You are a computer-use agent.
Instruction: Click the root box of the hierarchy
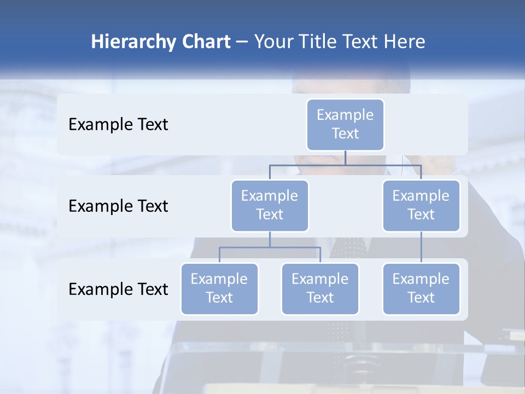(345, 125)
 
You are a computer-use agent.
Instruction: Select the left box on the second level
(270, 206)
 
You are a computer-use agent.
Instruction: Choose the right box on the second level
(421, 206)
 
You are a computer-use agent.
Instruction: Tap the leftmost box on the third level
(219, 289)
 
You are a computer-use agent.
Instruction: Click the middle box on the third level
(320, 289)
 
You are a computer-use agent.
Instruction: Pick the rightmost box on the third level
(421, 289)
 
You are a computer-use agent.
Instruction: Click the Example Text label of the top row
(118, 125)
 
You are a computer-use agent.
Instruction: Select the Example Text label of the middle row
(118, 206)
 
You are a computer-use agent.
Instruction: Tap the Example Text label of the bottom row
(118, 289)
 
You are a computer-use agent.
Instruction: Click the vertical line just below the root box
(345, 158)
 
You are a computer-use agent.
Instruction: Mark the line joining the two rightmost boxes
(421, 247)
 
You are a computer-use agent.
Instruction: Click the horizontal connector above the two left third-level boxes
(270, 247)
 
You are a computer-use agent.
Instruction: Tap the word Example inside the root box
(345, 115)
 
